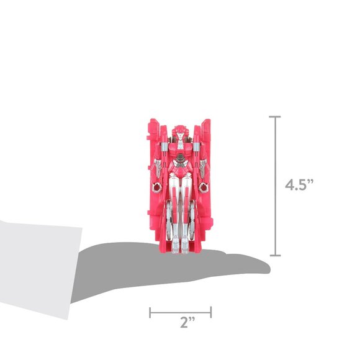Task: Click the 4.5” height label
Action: tap(299, 184)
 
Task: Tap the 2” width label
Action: tap(187, 322)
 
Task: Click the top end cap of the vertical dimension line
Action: tap(275, 117)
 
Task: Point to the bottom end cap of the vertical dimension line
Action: tap(275, 255)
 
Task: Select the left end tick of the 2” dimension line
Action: tap(150, 312)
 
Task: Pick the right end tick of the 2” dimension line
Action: tap(211, 312)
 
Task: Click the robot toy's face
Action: tap(181, 136)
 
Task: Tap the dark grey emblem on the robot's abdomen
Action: tap(181, 158)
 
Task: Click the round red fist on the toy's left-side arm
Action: tap(157, 188)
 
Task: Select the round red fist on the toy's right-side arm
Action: tap(203, 187)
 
